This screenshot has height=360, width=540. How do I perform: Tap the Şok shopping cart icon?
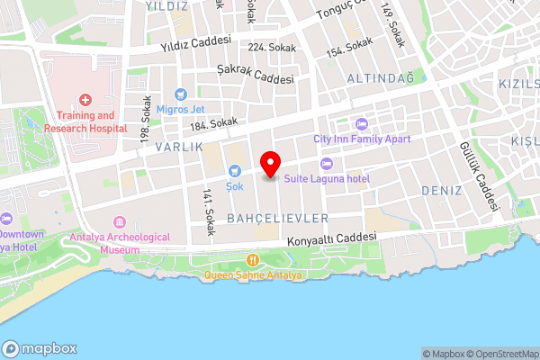coord(235,171)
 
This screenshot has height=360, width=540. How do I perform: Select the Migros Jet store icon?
coord(180,94)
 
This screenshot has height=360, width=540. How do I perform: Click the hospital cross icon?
coord(85,101)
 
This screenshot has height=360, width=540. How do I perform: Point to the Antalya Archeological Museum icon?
coord(119,222)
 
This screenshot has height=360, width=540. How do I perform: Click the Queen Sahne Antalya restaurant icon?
coord(253,262)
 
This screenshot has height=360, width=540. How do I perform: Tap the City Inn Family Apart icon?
coord(362,124)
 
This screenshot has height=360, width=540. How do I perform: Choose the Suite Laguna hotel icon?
coord(326,164)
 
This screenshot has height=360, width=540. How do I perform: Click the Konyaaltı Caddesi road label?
coord(331,240)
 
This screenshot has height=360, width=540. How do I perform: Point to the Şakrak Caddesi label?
coord(256,73)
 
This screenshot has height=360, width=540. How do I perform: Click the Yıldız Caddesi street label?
coord(195,42)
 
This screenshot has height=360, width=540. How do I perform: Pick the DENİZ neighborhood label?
coord(441,191)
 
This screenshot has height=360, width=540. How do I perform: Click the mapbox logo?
coord(40,348)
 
